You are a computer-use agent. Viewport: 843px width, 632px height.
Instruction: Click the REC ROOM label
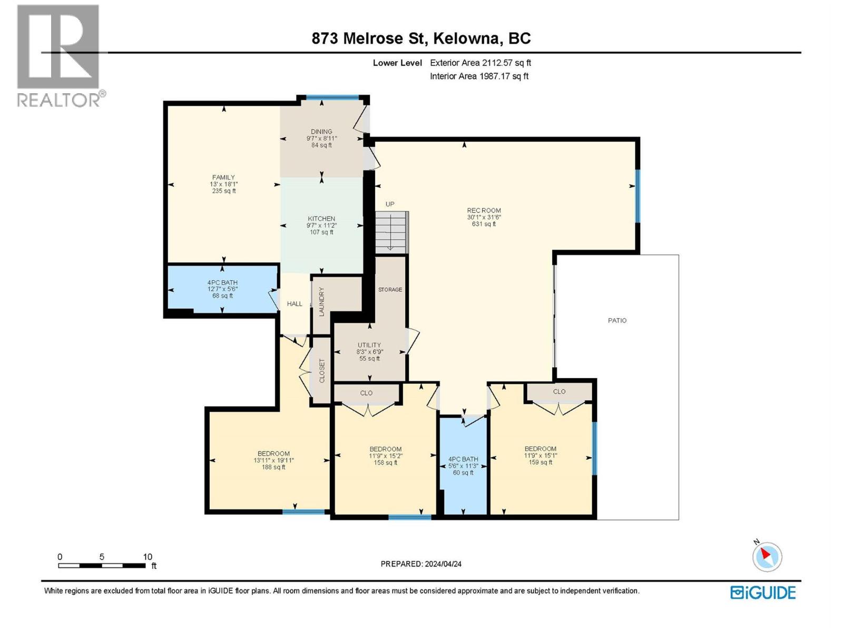pos(484,211)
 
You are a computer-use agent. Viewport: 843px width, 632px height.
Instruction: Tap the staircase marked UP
pos(391,232)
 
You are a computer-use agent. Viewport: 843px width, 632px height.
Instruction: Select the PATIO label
pos(617,320)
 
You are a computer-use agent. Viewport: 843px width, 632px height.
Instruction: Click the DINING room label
pos(321,132)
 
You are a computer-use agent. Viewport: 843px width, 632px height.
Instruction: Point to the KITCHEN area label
pos(321,219)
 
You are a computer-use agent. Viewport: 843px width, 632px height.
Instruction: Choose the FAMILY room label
pos(223,177)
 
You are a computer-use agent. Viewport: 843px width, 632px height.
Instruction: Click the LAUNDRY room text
pos(321,301)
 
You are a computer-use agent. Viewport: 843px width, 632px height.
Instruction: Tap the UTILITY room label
pos(369,345)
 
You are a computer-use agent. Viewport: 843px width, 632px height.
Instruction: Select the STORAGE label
pos(390,290)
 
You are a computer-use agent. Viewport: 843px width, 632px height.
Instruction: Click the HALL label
pos(295,304)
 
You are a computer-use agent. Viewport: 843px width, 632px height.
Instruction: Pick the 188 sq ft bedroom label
pos(273,460)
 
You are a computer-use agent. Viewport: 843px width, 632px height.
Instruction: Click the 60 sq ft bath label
pos(463,466)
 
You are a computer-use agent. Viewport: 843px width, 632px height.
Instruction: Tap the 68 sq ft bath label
pos(222,289)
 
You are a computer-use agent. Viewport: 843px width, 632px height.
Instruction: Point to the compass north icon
pos(767,556)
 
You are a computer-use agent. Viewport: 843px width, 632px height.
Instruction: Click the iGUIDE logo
pos(763,592)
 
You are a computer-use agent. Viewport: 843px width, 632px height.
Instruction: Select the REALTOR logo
pos(59,55)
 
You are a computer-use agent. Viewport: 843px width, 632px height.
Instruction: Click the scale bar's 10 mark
pos(148,557)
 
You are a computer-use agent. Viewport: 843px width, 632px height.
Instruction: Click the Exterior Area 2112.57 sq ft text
pos(480,63)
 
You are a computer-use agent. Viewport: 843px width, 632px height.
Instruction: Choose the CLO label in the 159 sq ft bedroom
pos(559,391)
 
